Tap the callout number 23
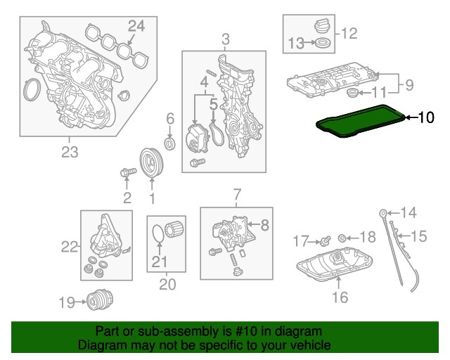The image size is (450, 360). (70, 151)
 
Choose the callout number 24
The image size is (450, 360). (136, 26)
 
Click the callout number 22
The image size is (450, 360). (69, 246)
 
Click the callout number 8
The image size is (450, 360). (265, 225)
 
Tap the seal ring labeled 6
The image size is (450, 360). (169, 144)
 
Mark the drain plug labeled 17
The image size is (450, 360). (326, 242)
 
